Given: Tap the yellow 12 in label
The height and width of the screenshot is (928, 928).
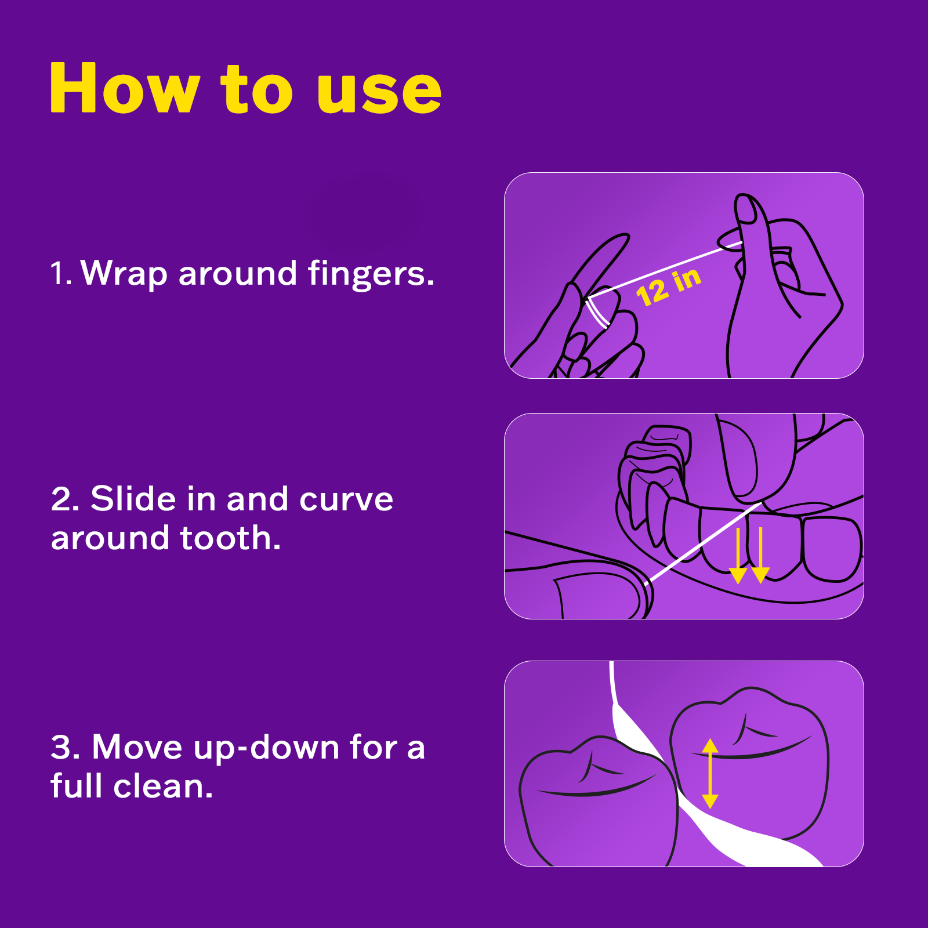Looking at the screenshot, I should coord(668,286).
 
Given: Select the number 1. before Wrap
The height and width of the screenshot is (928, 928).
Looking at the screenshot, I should coord(60,273).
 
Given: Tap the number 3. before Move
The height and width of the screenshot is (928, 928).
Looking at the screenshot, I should coord(65,747).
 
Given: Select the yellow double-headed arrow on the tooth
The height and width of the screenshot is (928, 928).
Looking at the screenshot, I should coord(710,773).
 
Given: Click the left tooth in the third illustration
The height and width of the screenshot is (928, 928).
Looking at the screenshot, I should coord(597,806).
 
